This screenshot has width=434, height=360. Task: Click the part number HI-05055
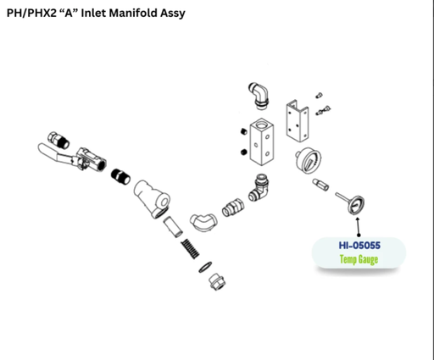coord(359,246)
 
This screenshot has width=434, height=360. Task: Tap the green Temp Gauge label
coord(359,259)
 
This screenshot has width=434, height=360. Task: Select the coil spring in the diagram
coord(190,248)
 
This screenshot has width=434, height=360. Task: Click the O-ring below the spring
coord(205,268)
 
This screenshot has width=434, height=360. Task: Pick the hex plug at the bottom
coord(217,282)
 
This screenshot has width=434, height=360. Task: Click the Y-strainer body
coord(152,199)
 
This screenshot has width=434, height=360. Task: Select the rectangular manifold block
coord(262,141)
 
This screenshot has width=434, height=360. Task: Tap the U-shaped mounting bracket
coord(298,121)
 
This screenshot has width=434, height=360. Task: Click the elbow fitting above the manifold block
coord(259,96)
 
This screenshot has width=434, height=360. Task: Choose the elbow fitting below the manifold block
coord(259,187)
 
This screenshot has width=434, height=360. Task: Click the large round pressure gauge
coord(309,160)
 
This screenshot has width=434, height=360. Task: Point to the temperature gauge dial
coord(356,205)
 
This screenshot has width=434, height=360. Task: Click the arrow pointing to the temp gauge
coord(359,227)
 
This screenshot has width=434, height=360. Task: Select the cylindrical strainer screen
coord(173,227)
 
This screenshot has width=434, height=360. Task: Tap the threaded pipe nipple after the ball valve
coord(120,176)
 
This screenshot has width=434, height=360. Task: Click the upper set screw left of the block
coord(244,131)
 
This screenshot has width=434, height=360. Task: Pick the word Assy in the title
coord(173,14)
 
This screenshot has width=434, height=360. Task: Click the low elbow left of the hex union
coord(203,222)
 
